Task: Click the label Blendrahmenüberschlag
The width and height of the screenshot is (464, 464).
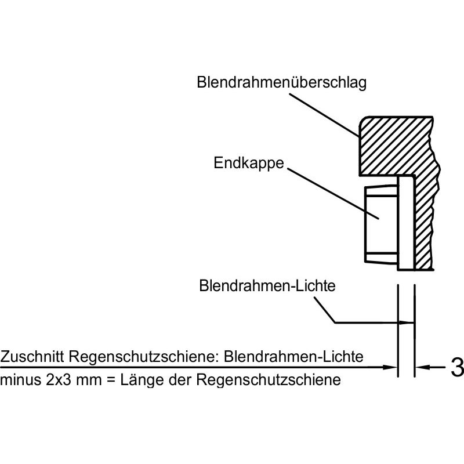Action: [x=282, y=83]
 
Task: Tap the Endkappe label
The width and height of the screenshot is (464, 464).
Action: [x=249, y=163]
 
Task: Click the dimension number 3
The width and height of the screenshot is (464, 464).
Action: [x=456, y=367]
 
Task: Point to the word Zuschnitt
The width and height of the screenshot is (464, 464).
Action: [x=32, y=356]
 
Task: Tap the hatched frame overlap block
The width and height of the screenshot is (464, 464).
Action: [x=394, y=145]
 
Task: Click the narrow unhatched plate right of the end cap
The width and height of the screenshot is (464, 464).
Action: [x=405, y=223]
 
